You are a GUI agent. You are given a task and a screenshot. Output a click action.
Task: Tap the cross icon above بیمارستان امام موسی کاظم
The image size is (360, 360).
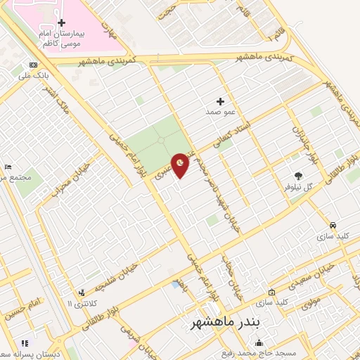coord(61,22)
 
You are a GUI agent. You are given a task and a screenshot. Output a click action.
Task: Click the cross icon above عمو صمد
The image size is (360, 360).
coord(221,101)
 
